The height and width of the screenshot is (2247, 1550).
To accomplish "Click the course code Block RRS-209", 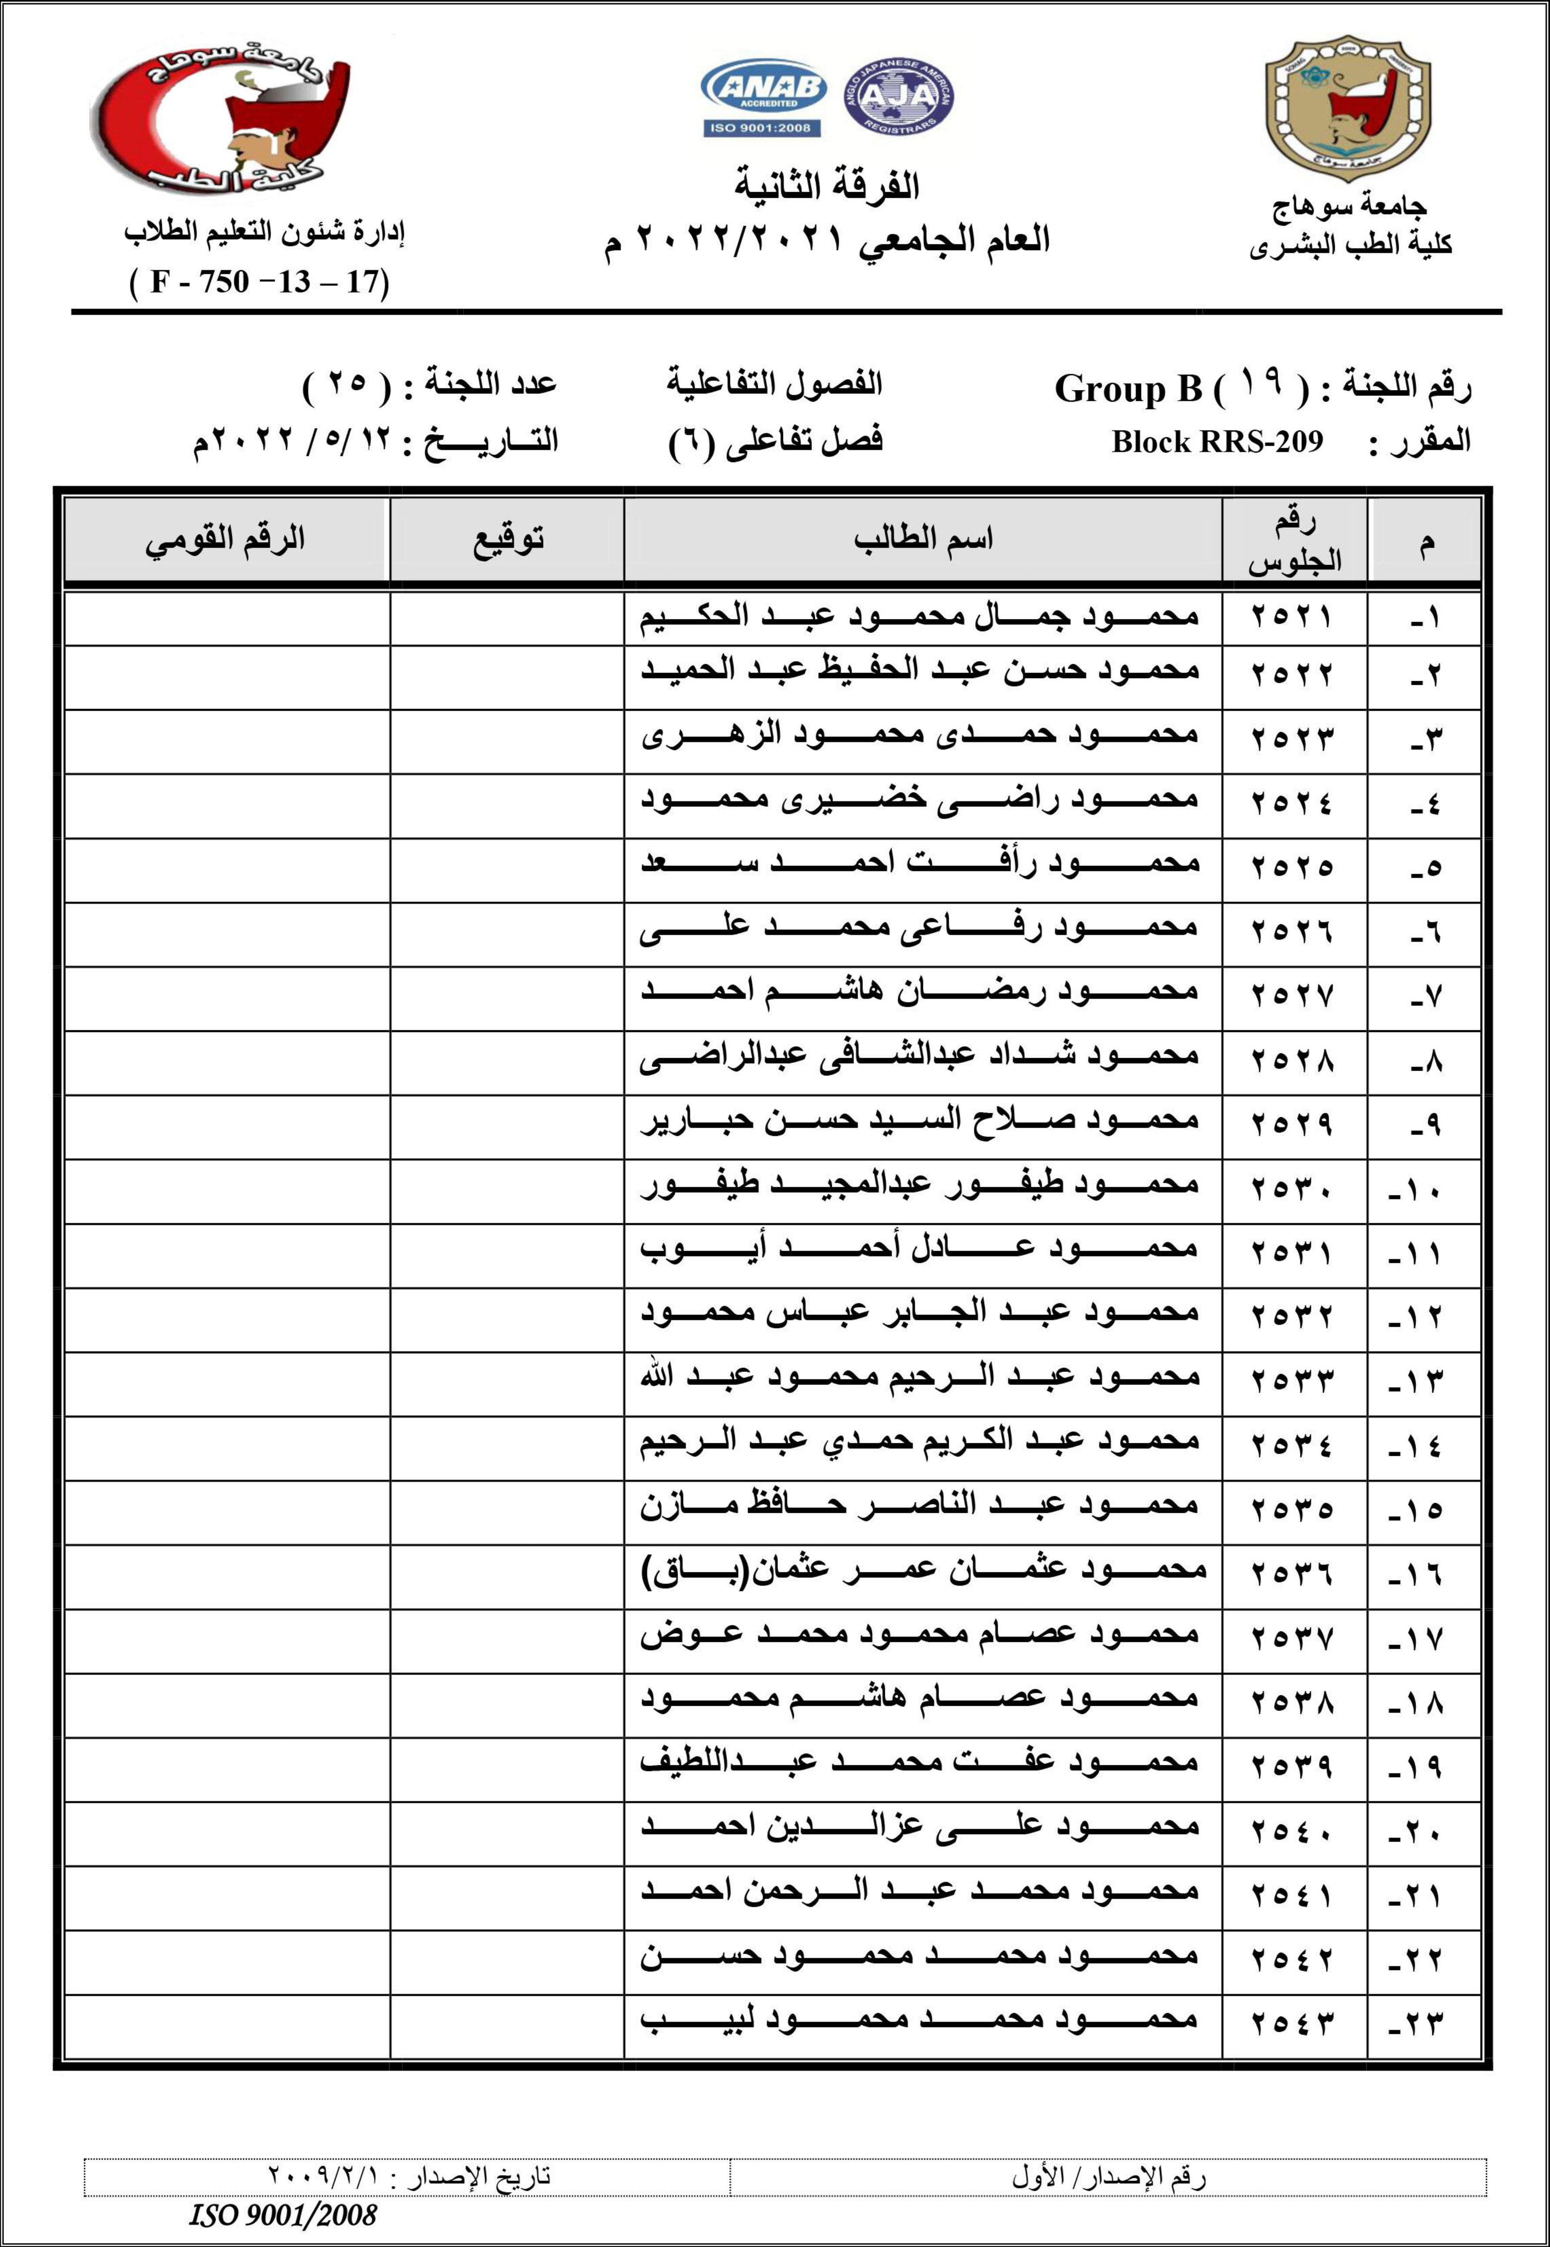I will point(1217,442).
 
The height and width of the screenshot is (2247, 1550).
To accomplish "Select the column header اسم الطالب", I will point(923,539).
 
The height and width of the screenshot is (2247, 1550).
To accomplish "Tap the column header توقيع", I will point(508,539).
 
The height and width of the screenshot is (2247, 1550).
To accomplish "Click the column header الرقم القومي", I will point(225,539).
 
